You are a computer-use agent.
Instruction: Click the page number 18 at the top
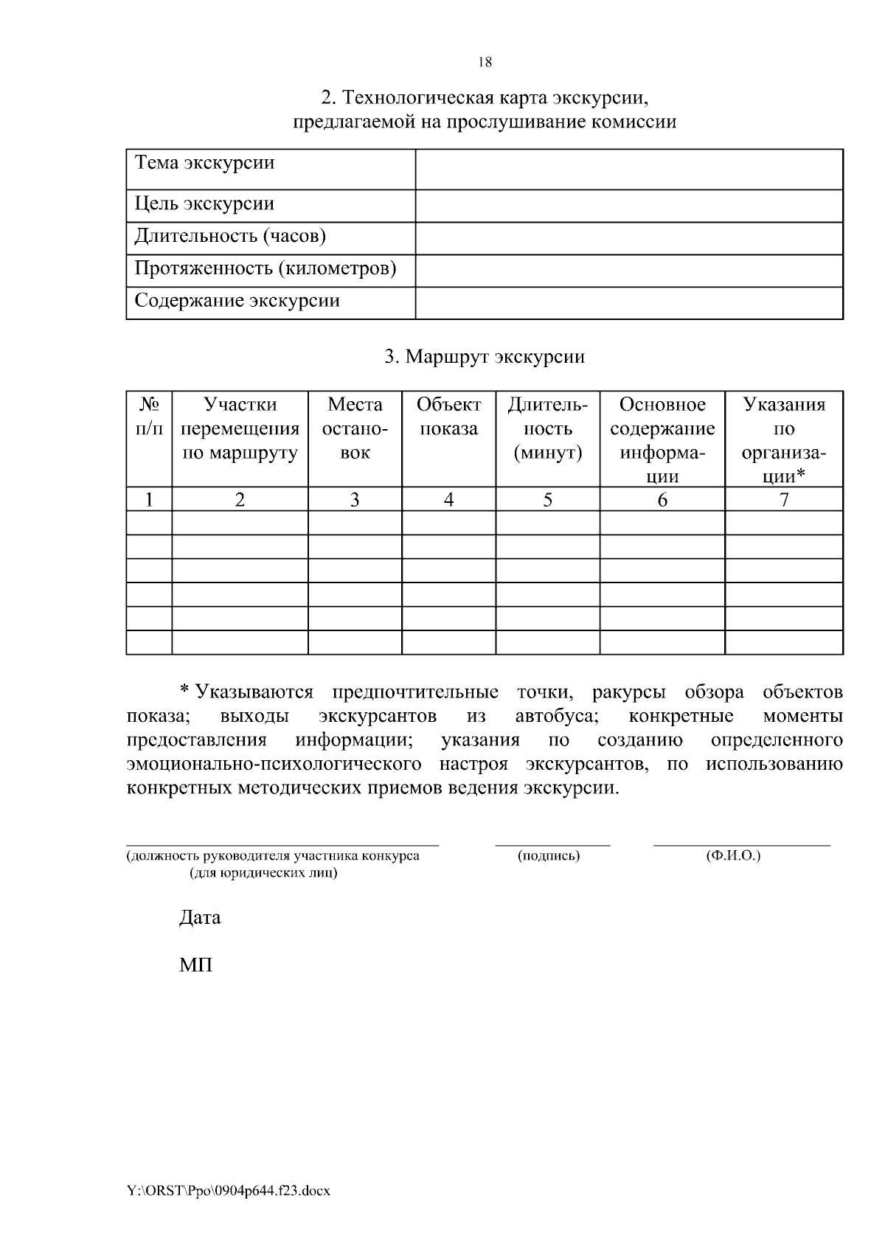point(485,63)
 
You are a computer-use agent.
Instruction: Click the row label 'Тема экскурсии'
point(205,163)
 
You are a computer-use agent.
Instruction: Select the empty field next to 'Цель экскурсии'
point(628,206)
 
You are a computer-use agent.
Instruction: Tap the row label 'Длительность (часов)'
point(230,236)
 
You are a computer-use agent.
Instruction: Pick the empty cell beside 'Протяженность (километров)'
point(628,271)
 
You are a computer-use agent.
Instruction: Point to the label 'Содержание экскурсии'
point(237,301)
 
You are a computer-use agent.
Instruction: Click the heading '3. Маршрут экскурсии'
point(485,358)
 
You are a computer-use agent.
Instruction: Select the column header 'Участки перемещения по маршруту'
point(240,429)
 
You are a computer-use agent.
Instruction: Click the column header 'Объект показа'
point(448,417)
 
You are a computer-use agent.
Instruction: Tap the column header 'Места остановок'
point(355,429)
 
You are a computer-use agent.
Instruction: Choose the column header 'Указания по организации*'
point(784,440)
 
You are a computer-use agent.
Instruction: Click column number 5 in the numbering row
point(547,500)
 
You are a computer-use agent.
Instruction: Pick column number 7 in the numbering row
point(784,500)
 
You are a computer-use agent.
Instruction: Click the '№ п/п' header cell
point(150,417)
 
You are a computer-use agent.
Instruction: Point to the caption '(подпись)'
point(549,856)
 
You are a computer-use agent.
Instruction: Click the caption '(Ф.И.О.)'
point(732,856)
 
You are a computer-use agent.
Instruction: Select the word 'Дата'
point(200,918)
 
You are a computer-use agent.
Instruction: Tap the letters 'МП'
point(195,965)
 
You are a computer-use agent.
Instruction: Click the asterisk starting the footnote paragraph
point(186,691)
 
